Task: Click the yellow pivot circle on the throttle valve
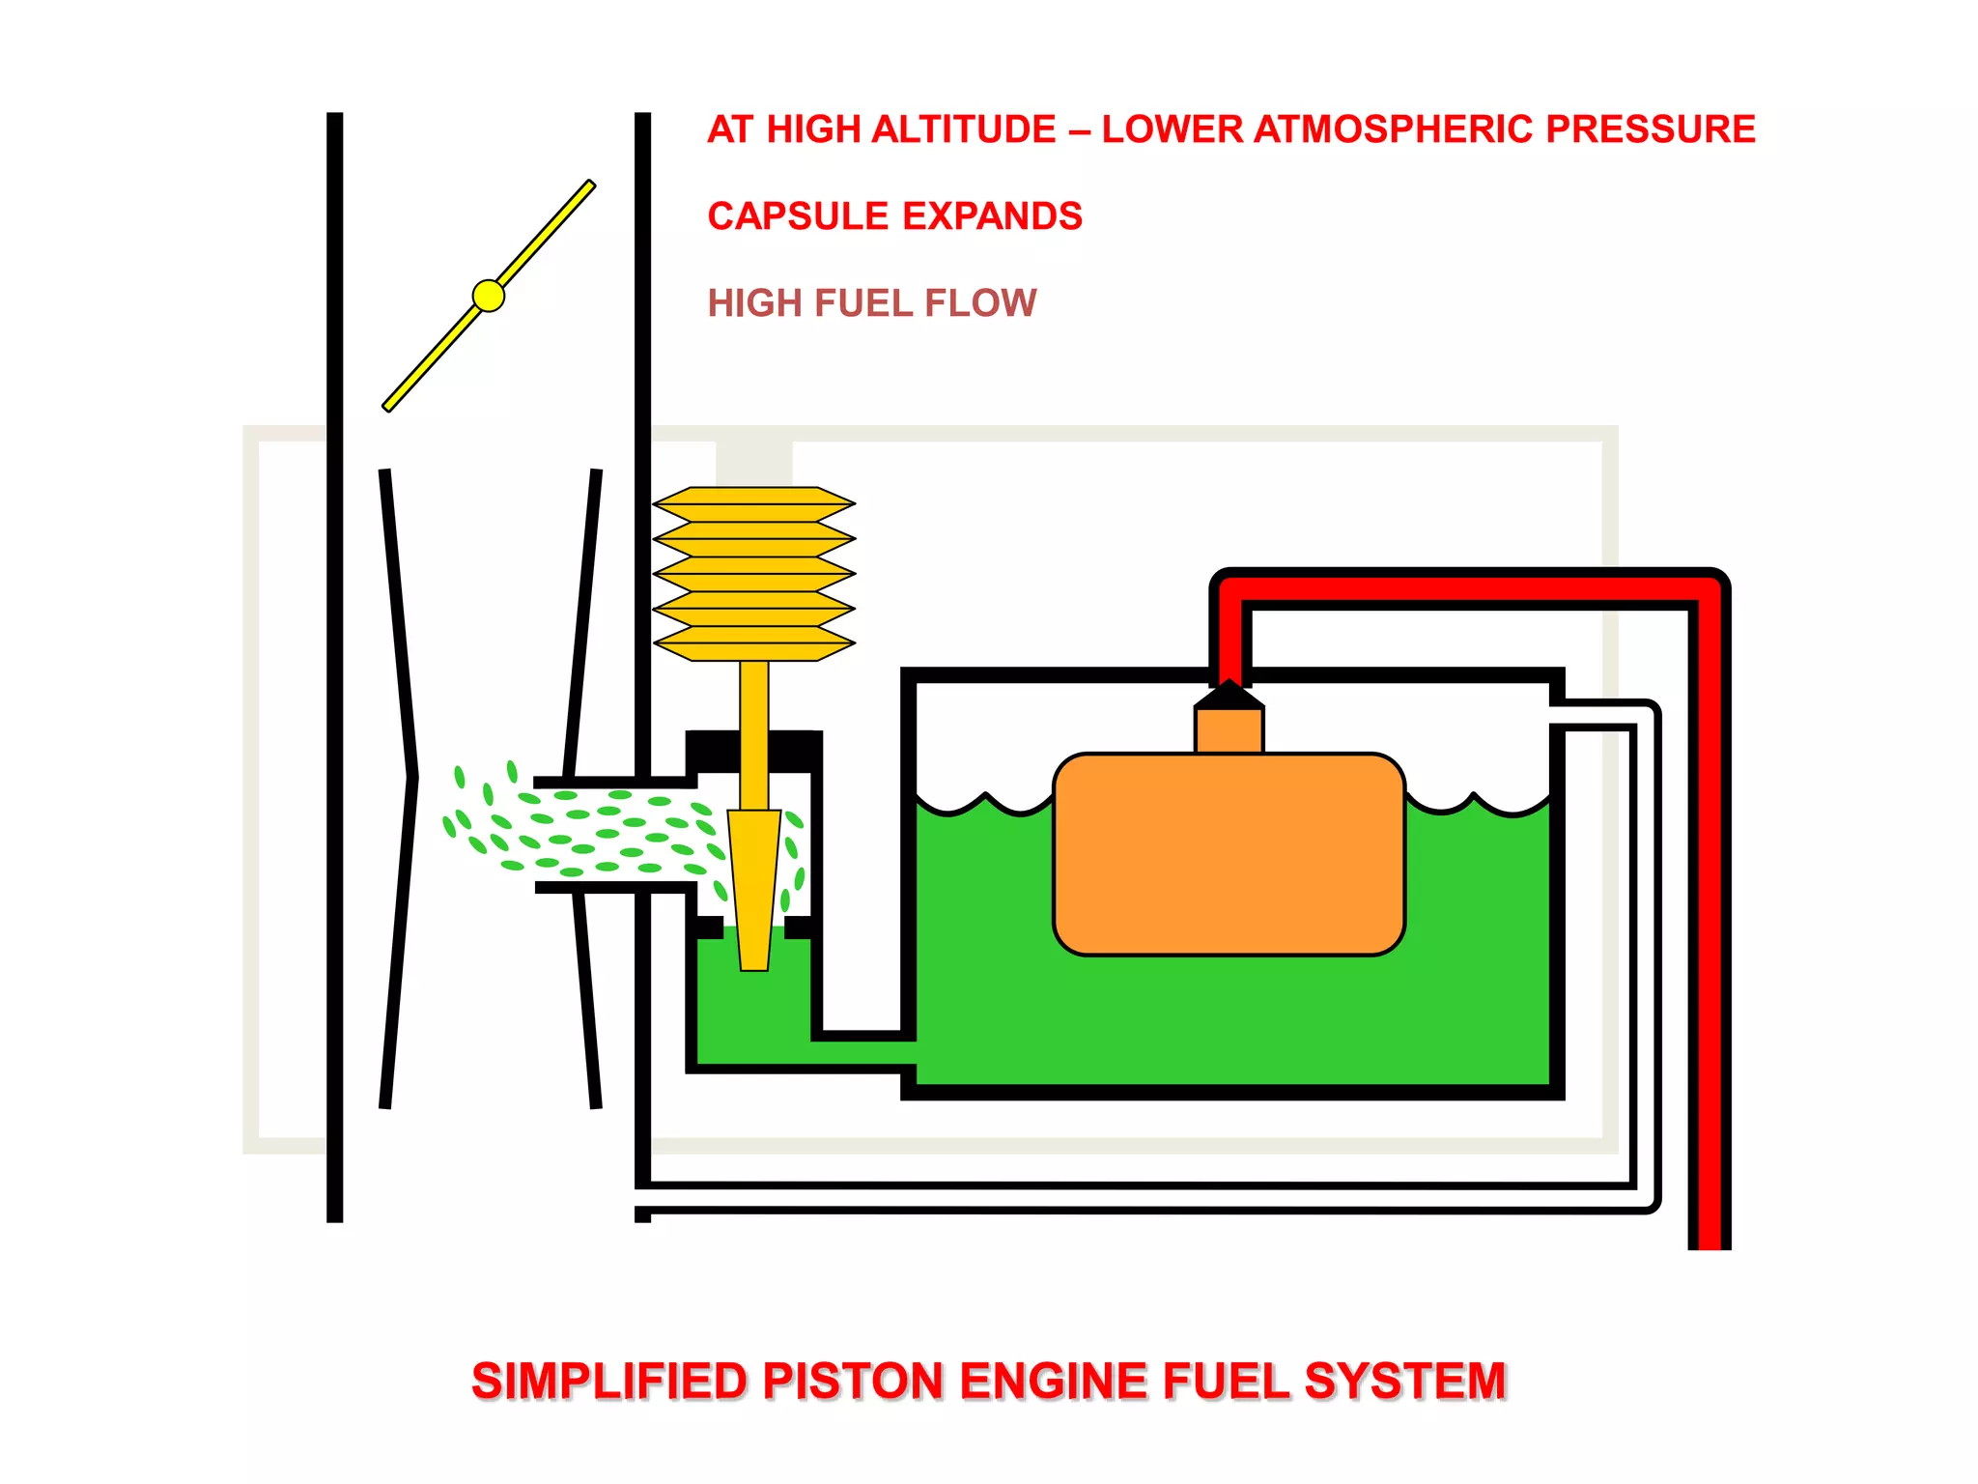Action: pyautogui.click(x=489, y=296)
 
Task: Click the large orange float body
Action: pyautogui.click(x=1229, y=855)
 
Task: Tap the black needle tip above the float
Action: pyautogui.click(x=1229, y=695)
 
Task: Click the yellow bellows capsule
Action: pyautogui.click(x=754, y=574)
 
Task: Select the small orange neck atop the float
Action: pyautogui.click(x=1229, y=730)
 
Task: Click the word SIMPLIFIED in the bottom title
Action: pyautogui.click(x=609, y=1381)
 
